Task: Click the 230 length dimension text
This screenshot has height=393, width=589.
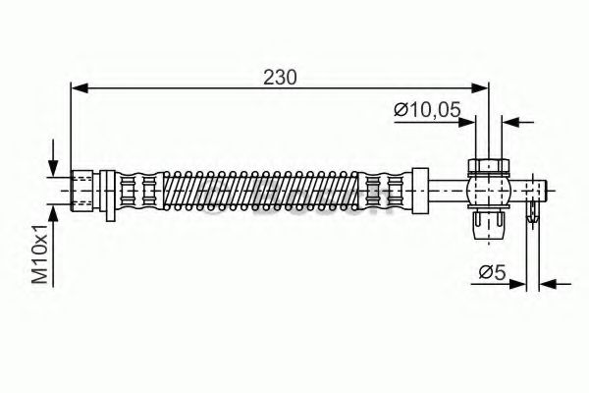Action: (x=279, y=76)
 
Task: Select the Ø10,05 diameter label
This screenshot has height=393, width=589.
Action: (x=427, y=110)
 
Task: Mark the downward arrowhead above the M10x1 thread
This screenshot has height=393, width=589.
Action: (x=54, y=166)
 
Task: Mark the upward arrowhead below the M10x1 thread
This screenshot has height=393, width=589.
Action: (x=54, y=212)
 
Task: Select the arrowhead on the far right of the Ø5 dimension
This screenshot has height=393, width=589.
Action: (x=549, y=284)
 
